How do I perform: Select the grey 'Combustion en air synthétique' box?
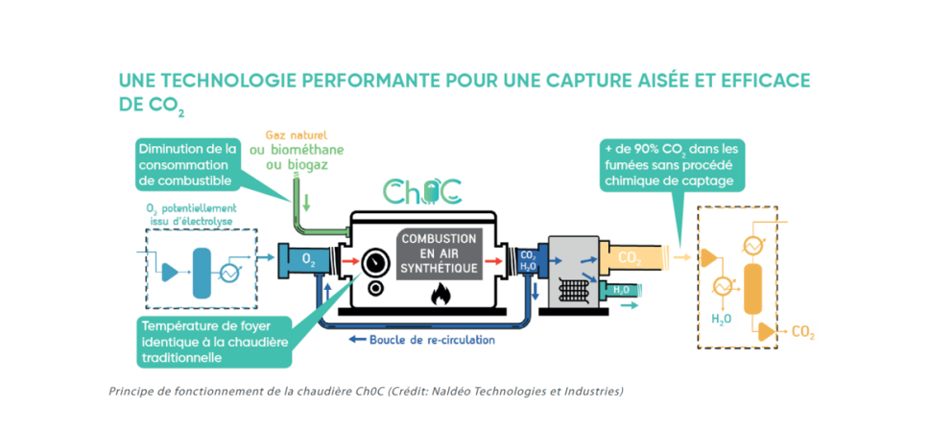(438, 253)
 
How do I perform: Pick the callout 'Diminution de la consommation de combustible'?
(188, 164)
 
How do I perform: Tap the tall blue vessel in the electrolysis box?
(202, 273)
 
